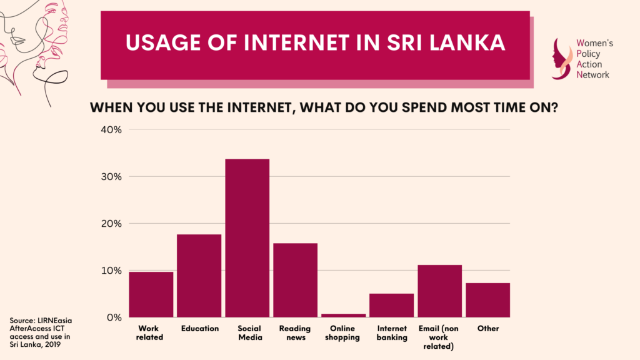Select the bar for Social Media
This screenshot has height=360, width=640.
(247, 238)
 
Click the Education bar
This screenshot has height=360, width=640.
(199, 276)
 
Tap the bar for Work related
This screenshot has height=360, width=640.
(151, 294)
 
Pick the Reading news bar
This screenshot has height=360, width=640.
(296, 280)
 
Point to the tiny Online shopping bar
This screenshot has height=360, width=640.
(344, 316)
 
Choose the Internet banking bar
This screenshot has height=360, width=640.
(392, 305)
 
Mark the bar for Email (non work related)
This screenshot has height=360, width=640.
(440, 291)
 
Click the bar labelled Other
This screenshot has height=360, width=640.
(487, 300)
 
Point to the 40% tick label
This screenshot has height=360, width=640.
(111, 130)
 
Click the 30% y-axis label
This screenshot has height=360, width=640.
(111, 177)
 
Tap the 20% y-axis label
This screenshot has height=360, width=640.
(111, 224)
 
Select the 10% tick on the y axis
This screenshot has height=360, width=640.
(111, 271)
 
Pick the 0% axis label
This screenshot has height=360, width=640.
(114, 317)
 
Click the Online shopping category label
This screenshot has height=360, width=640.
(342, 333)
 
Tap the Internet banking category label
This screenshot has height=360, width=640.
(392, 333)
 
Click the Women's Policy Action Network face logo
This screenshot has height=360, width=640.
(562, 59)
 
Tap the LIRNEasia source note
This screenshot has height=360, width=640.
(41, 332)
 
